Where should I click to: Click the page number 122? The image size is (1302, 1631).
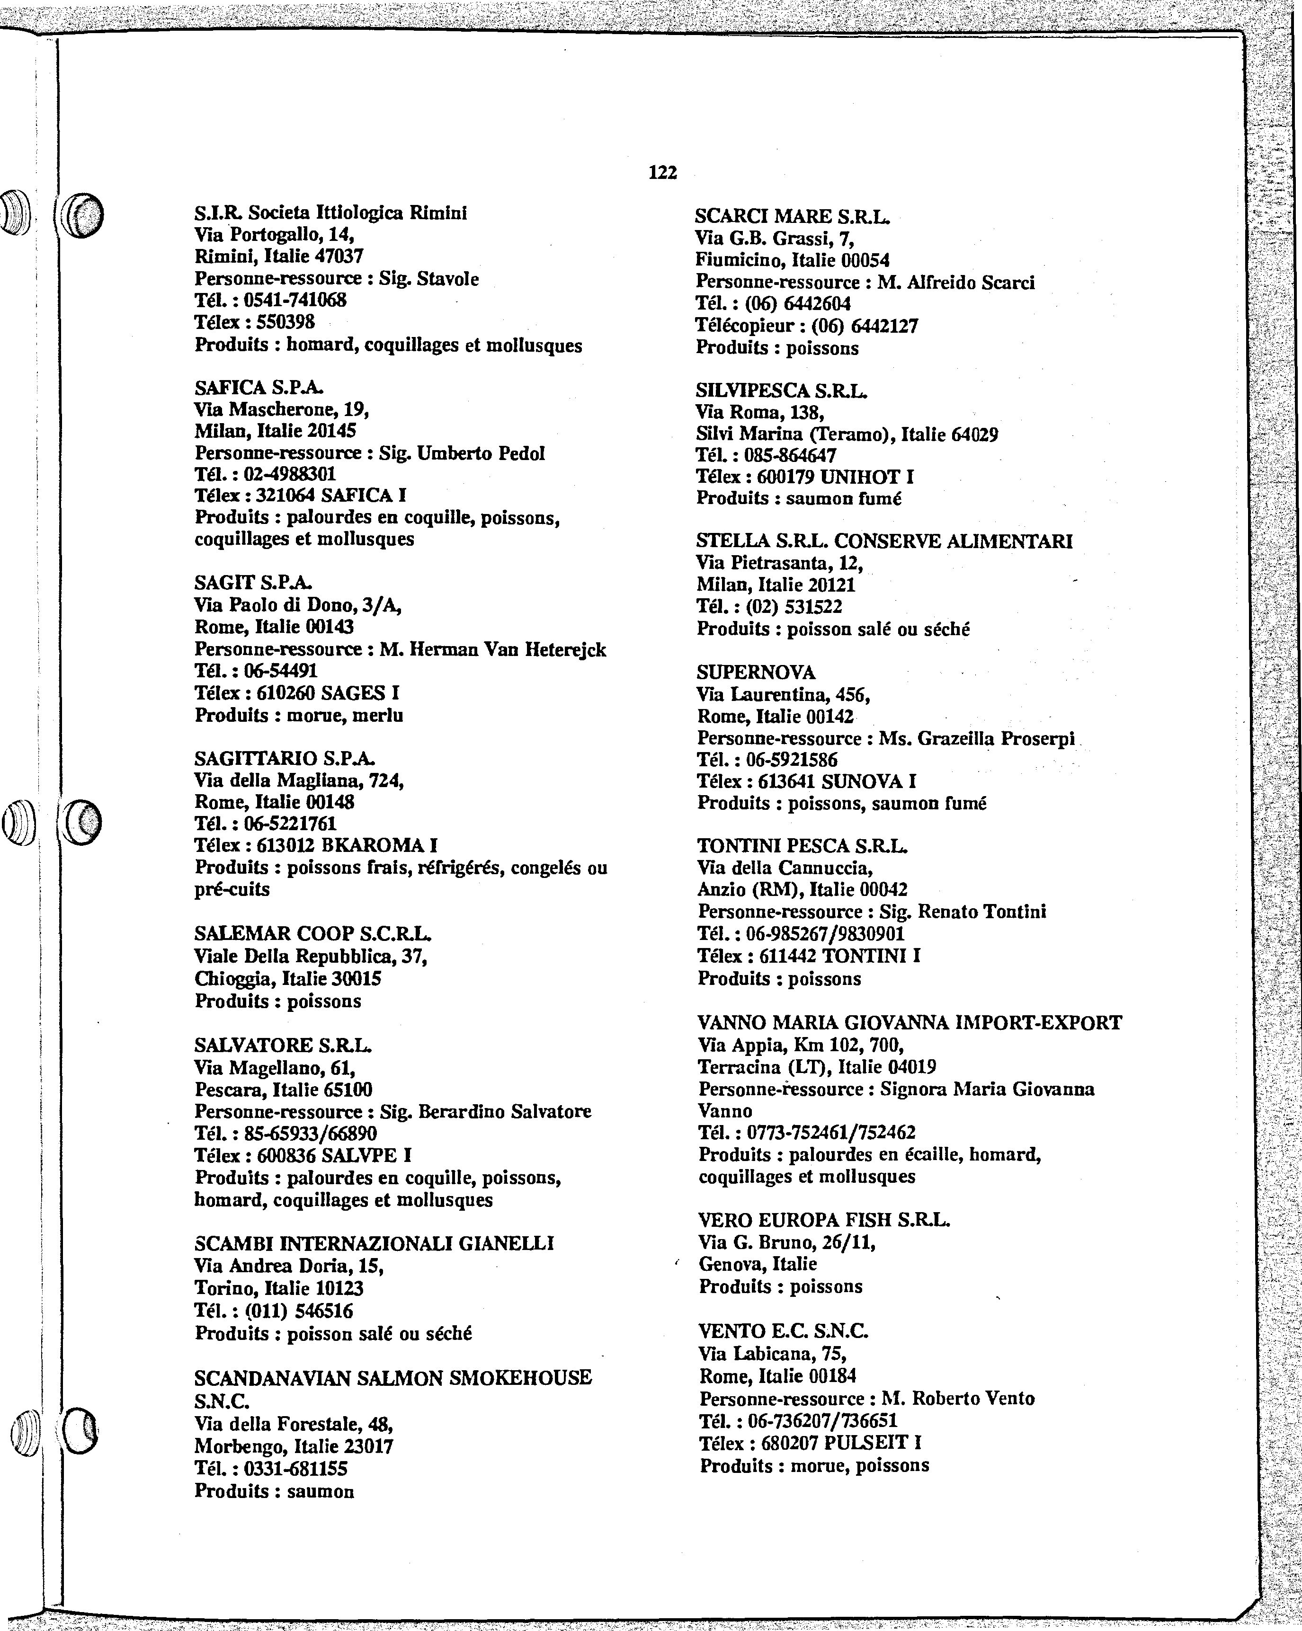663,172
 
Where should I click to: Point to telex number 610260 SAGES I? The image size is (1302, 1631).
328,693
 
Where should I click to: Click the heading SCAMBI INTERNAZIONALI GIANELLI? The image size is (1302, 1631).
374,1244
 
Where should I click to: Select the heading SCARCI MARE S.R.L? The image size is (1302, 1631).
792,217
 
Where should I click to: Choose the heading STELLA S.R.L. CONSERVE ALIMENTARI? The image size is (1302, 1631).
883,541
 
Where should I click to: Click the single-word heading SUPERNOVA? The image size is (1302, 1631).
756,673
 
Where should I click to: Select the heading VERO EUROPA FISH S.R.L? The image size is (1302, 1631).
824,1220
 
